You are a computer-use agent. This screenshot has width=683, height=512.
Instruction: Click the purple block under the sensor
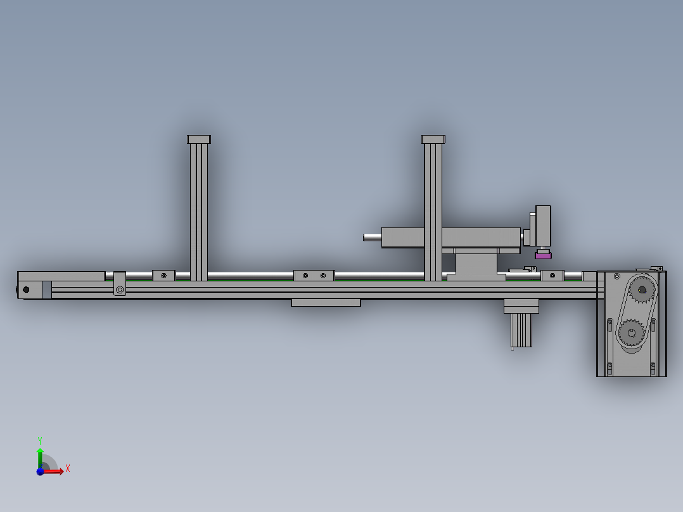pyautogui.click(x=543, y=256)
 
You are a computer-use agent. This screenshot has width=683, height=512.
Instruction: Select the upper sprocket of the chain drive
pyautogui.click(x=642, y=290)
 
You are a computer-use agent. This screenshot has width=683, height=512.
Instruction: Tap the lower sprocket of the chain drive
pyautogui.click(x=632, y=333)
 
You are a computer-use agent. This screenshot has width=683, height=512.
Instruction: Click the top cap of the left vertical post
pyautogui.click(x=199, y=139)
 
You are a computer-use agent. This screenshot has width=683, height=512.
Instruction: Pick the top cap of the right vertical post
pyautogui.click(x=433, y=139)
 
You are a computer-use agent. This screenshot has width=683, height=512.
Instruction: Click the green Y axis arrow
pyautogui.click(x=40, y=458)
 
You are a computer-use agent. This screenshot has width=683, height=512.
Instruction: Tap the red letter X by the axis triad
pyautogui.click(x=68, y=469)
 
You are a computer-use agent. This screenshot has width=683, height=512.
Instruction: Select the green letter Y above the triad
pyautogui.click(x=40, y=441)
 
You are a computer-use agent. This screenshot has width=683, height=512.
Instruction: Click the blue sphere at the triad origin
pyautogui.click(x=40, y=471)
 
